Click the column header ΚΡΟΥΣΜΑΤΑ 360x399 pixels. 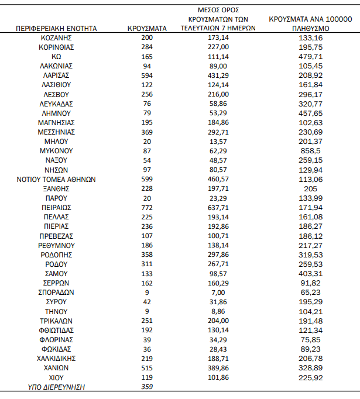pyautogui.click(x=147, y=28)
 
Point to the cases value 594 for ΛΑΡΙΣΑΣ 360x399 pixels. pyautogui.click(x=147, y=75)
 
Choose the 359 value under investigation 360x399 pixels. pyautogui.click(x=147, y=386)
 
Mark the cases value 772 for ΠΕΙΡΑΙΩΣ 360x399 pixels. pyautogui.click(x=147, y=207)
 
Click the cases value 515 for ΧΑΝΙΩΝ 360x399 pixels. pyautogui.click(x=147, y=367)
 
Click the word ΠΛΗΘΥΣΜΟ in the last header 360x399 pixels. pyautogui.click(x=310, y=28)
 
